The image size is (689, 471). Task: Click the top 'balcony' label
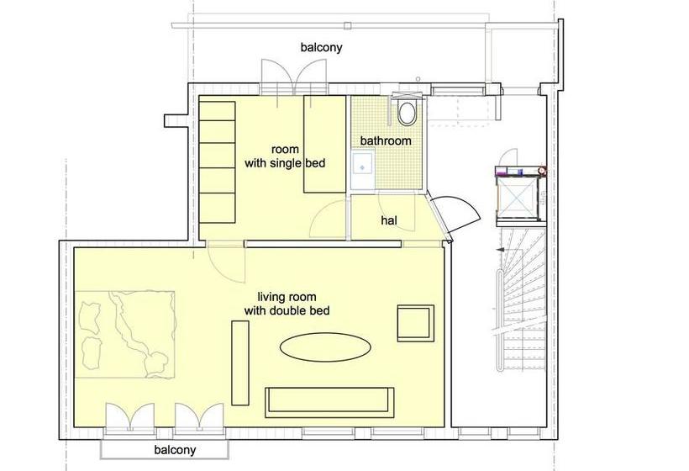pos(322,47)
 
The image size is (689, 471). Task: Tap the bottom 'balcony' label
pos(175,450)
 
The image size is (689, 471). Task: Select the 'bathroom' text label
pos(386,140)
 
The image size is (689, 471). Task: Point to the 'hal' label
pos(388,220)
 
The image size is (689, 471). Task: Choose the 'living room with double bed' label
pos(287,304)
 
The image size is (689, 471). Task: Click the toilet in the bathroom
pos(408,112)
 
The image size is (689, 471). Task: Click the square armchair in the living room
pos(416,323)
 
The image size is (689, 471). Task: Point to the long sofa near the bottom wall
pos(329,401)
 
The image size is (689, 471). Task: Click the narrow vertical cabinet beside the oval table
pos(240,361)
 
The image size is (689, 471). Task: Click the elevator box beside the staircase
pos(516,194)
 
